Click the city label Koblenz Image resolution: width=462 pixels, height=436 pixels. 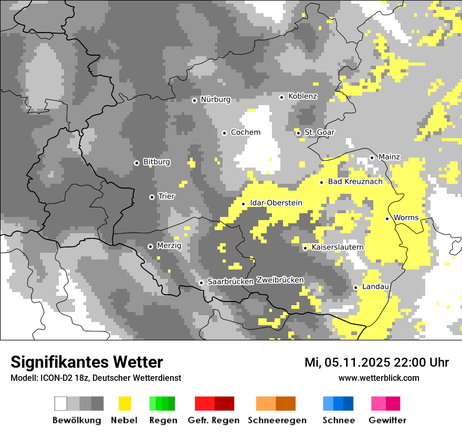[302, 96]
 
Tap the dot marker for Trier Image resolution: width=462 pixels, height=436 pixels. [152, 197]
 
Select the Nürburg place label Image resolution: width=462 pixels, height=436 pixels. [215, 99]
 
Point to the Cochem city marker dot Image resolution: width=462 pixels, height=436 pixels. [224, 133]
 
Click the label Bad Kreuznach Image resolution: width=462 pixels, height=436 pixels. [355, 181]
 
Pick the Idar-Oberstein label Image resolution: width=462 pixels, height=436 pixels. [276, 203]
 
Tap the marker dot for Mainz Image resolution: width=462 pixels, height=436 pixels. [372, 158]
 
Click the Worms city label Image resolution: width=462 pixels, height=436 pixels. [406, 217]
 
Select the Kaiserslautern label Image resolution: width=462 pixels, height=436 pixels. [338, 247]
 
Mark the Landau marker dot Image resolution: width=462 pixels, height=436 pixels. [355, 287]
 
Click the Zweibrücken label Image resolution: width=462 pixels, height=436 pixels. [280, 280]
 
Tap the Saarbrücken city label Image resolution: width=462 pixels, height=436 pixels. [230, 282]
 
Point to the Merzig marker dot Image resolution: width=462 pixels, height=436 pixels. [150, 246]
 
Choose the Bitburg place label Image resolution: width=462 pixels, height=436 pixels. [156, 162]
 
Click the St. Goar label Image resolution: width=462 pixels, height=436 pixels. [319, 132]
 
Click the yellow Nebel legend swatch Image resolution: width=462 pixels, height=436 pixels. [124, 403]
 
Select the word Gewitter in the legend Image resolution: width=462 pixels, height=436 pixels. [387, 420]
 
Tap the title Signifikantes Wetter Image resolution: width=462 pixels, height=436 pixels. [87, 362]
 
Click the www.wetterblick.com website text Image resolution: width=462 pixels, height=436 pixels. [379, 378]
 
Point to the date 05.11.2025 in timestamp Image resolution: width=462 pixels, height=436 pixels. [356, 362]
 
